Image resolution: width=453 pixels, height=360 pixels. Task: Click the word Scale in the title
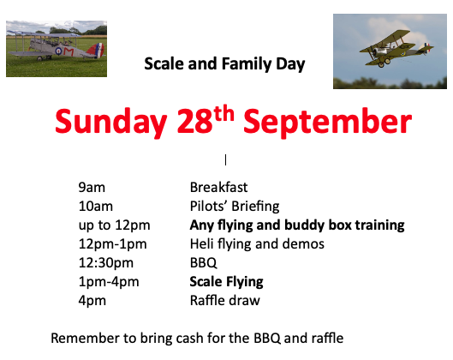tap(164, 63)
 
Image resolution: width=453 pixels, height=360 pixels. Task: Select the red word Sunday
tap(111, 122)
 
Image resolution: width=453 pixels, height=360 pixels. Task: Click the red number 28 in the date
tap(194, 121)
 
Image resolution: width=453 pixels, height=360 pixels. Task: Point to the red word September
tap(328, 123)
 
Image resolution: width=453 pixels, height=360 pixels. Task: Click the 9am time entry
tap(92, 188)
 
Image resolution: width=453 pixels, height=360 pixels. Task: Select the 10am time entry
tap(96, 207)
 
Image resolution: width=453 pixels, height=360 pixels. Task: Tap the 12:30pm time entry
tap(106, 263)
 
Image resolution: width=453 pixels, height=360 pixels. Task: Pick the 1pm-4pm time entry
tap(109, 282)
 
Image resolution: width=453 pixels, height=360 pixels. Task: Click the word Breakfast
tap(218, 188)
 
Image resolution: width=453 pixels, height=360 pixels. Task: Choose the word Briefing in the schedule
tap(255, 207)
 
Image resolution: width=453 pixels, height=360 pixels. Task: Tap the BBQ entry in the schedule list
tap(204, 263)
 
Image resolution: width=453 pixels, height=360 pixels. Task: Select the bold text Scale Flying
tap(226, 282)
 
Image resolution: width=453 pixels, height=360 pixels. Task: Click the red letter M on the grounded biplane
tap(69, 51)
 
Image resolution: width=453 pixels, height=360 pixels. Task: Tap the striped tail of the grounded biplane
tap(97, 50)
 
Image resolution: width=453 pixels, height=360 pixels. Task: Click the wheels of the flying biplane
tap(384, 63)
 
